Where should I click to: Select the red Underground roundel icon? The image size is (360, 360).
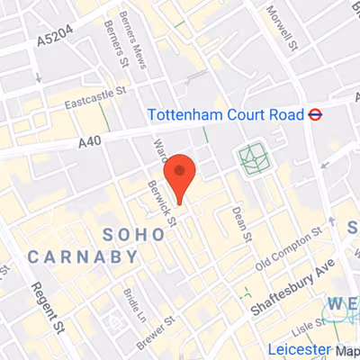pyautogui.click(x=316, y=115)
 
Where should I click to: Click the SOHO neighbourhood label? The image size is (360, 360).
pyautogui.click(x=134, y=234)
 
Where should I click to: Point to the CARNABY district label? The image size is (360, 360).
pyautogui.click(x=83, y=257)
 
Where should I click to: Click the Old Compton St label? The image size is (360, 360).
pyautogui.click(x=289, y=250)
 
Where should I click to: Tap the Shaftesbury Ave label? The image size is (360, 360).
pyautogui.click(x=293, y=283)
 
